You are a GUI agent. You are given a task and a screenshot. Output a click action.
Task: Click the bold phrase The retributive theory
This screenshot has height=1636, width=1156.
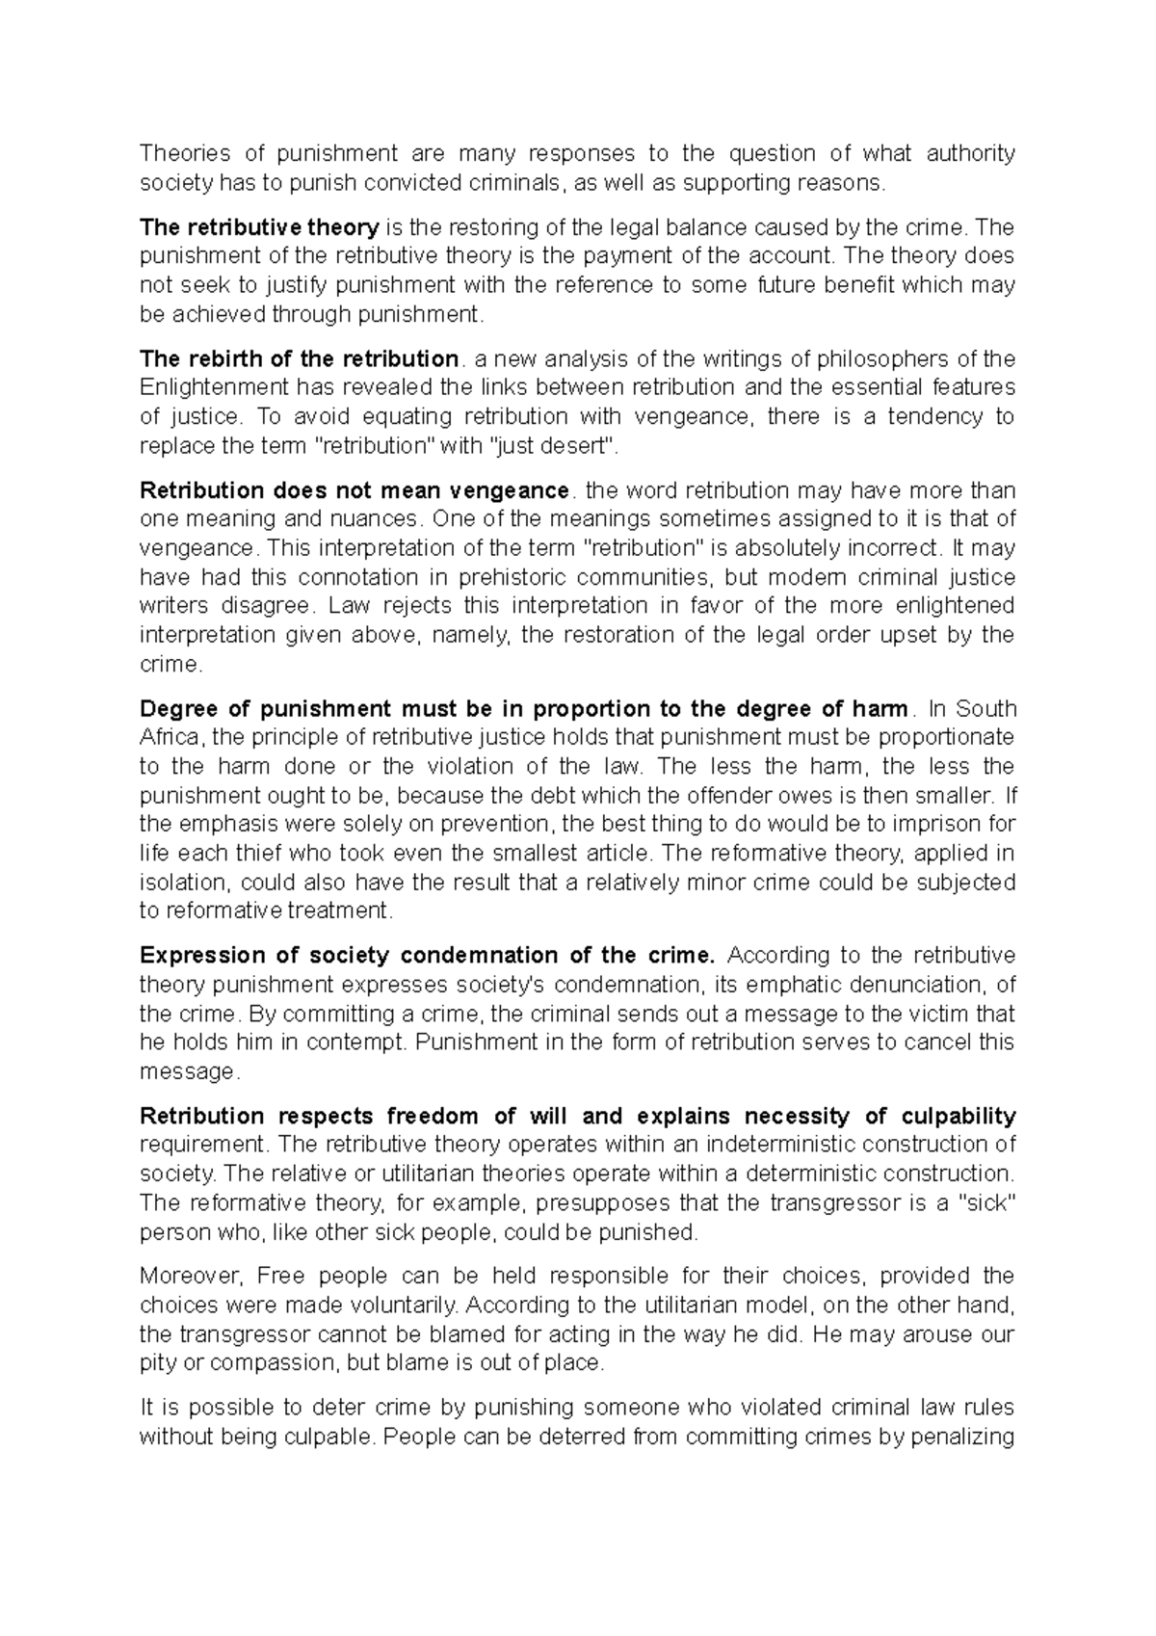click(x=259, y=227)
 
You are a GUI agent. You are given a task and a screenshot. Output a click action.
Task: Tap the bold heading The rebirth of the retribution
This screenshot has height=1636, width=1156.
click(x=299, y=359)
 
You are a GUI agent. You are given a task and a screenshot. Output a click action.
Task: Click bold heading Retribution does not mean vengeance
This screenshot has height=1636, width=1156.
click(x=355, y=490)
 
